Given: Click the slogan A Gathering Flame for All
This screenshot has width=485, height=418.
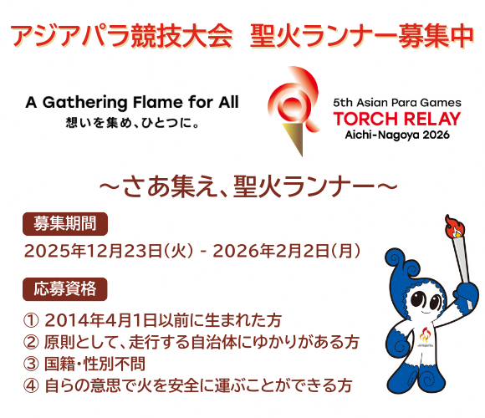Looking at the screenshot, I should click(132, 102).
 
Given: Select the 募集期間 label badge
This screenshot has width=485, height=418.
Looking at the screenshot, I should click(65, 224).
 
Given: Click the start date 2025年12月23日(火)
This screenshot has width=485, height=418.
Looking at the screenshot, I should click(110, 250).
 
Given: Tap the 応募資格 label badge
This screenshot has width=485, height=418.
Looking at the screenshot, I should click(65, 289).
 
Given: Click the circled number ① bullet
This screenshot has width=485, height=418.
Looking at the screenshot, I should click(33, 320).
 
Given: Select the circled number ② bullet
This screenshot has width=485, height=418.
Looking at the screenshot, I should click(33, 342).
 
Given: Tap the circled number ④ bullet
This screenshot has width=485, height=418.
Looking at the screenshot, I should click(33, 385).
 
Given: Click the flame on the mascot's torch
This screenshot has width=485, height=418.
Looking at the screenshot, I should click(456, 225).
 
